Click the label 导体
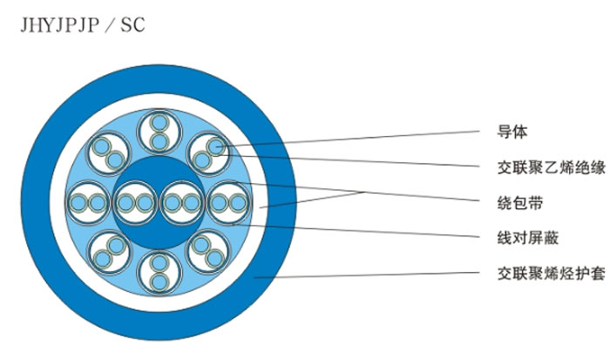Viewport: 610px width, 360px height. coord(512,132)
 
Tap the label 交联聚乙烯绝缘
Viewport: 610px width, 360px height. coord(551,167)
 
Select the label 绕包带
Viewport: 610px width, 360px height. coord(519,203)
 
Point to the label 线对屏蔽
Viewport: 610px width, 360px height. coord(527,238)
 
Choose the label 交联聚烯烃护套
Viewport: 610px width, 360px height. coord(551,274)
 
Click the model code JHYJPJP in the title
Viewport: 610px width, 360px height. coord(59,25)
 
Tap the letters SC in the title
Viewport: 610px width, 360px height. coord(132,25)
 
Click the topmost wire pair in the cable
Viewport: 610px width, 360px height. coord(159,132)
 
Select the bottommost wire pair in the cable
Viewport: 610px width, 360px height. coord(159,272)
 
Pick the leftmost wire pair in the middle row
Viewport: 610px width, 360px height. coord(88,203)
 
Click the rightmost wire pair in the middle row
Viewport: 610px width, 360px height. coord(228,203)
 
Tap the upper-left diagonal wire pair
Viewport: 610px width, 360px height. coord(109,153)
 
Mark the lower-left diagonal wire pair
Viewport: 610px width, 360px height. coord(110,252)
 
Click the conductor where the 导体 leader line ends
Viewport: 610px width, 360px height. coord(215,146)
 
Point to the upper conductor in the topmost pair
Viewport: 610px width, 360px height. coord(159,123)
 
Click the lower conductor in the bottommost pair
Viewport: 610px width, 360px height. coord(159,282)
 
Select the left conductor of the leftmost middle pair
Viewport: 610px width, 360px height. coord(78,203)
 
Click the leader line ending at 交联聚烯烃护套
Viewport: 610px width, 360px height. coord(367,275)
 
